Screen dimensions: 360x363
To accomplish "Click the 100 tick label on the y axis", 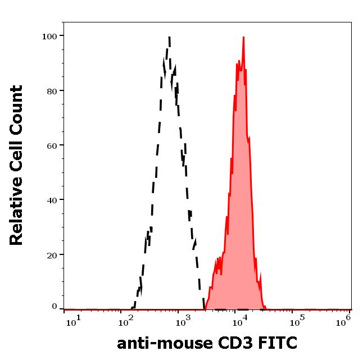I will click(50, 36).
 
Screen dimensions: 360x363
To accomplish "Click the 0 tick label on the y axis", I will click(55, 307).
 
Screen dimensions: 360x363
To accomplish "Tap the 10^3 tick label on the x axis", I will click(182, 321).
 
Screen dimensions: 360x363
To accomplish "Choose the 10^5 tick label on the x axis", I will click(294, 321).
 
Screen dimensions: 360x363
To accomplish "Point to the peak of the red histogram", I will click(243, 38).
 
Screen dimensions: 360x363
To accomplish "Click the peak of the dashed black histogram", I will click(169, 38).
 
